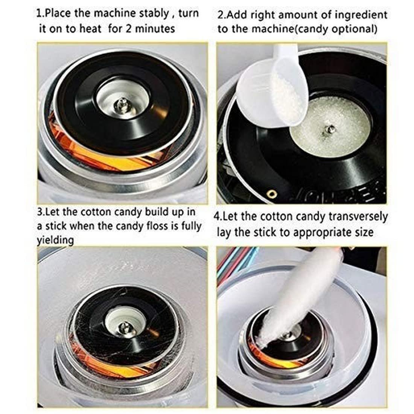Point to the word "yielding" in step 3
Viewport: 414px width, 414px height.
[x=55, y=240]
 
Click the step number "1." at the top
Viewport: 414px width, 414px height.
[x=41, y=14]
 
